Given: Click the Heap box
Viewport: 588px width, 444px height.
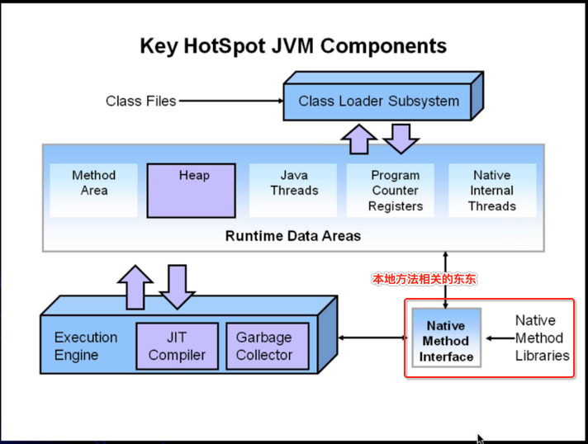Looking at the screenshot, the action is tap(192, 191).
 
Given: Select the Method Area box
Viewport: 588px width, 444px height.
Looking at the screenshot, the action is tap(94, 190).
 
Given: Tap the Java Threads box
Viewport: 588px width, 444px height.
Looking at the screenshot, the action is tap(293, 190).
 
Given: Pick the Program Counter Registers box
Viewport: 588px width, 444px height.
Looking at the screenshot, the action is tap(391, 190).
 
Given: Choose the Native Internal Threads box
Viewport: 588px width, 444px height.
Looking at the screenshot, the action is tap(492, 190).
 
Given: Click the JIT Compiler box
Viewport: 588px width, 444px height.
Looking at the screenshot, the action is tap(177, 346).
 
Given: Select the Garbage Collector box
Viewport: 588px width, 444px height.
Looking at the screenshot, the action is tap(268, 346).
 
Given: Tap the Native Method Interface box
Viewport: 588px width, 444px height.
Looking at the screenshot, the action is tap(446, 338).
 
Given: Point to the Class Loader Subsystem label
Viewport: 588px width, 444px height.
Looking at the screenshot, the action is tap(379, 102).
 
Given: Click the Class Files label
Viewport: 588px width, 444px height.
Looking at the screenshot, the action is tap(140, 102).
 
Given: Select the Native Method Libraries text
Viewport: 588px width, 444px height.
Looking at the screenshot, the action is tap(542, 338).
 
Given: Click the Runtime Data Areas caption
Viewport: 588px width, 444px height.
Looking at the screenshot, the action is tap(293, 236).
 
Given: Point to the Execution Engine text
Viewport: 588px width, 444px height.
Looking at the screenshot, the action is tap(86, 346).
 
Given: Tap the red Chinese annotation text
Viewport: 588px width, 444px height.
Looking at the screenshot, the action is tap(424, 279).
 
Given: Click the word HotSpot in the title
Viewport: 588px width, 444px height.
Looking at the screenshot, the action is tap(225, 46).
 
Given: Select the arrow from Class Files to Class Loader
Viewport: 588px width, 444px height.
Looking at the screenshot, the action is tap(231, 101).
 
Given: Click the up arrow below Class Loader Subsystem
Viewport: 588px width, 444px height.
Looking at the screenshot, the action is tap(359, 139).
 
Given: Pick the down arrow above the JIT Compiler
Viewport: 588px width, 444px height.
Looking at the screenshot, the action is tap(177, 287).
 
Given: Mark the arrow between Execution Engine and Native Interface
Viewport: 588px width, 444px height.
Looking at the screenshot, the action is tap(372, 338).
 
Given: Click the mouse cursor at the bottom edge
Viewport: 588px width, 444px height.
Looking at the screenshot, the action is tap(481, 439).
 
